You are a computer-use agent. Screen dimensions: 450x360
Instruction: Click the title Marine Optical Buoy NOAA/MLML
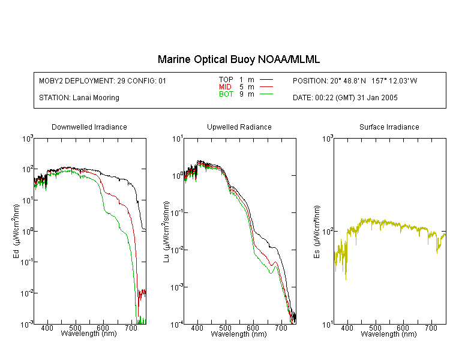[239, 59]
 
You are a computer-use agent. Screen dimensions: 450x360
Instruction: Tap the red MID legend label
[225, 86]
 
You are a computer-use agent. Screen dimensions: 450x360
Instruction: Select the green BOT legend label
[226, 94]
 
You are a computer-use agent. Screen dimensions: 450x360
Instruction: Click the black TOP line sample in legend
[266, 80]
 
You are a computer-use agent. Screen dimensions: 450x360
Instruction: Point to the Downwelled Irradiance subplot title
[89, 127]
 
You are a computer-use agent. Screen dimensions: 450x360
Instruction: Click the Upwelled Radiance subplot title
[239, 127]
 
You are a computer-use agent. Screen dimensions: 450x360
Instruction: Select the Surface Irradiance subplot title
[389, 127]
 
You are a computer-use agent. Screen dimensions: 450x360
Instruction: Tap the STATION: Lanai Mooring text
[79, 98]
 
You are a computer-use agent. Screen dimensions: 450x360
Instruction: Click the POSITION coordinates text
[355, 80]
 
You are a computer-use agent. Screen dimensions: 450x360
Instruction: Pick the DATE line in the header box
[345, 98]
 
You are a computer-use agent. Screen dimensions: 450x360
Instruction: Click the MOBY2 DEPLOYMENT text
[103, 80]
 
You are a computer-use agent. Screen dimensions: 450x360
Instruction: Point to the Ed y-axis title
[16, 231]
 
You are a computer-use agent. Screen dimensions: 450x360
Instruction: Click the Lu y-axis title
[166, 232]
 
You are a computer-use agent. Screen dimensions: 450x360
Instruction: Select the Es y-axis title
[317, 232]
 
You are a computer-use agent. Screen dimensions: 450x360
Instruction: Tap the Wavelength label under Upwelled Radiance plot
[239, 334]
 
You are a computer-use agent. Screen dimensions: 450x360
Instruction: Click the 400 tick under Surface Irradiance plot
[347, 328]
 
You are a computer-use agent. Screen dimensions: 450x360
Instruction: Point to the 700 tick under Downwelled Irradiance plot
[131, 328]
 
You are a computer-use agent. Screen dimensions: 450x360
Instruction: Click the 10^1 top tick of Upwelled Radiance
[178, 139]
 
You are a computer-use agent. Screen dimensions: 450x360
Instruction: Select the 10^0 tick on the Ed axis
[28, 232]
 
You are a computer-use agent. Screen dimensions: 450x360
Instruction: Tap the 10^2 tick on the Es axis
[328, 232]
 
